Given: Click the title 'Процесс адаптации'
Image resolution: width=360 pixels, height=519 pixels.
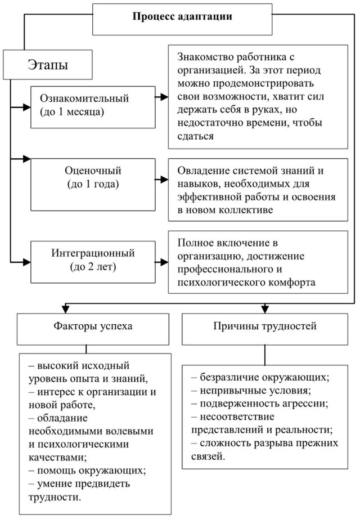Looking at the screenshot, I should click(182, 17).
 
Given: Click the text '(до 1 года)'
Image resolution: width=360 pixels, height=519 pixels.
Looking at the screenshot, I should click(93, 184).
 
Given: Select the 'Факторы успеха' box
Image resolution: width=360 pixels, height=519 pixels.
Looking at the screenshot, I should click(93, 326).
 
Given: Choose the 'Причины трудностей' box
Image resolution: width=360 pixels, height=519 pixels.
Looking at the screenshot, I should click(265, 326).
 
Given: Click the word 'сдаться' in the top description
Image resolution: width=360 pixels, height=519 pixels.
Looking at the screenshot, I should click(195, 136).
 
